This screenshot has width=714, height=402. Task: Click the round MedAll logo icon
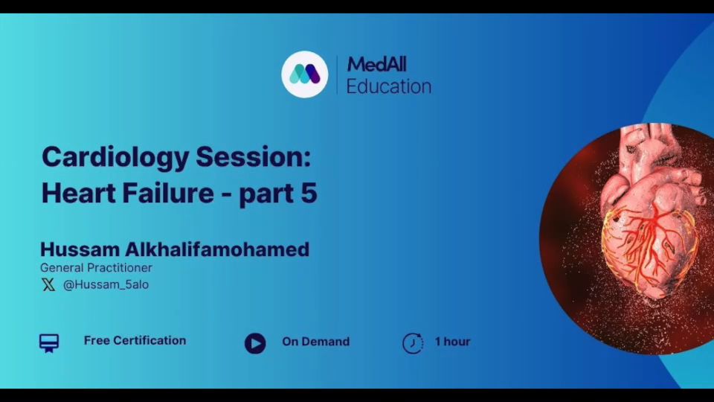305,74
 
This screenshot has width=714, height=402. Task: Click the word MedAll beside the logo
376,64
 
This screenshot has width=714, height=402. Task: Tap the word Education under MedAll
389,86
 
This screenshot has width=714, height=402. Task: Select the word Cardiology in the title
115,158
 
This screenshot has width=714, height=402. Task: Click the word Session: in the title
253,156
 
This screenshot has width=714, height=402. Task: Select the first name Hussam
80,249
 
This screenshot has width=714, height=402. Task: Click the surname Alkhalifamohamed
217,249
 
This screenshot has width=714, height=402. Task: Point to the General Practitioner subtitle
96,267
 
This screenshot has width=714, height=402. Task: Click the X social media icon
48,285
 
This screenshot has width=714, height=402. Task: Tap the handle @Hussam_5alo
106,284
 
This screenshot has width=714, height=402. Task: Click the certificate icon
49,343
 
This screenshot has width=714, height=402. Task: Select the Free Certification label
135,340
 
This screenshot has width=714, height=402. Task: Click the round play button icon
255,343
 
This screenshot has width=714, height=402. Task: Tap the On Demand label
316,342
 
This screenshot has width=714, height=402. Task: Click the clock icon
413,343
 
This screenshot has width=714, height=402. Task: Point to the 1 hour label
453,342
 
